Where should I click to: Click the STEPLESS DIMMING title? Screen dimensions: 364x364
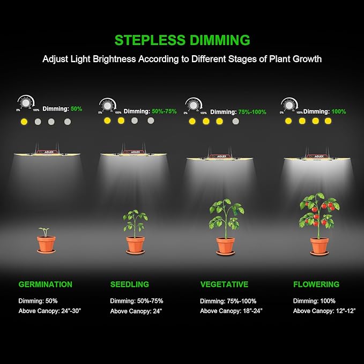182,40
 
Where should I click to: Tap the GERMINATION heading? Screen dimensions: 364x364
45,284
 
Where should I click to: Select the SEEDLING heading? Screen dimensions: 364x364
129,284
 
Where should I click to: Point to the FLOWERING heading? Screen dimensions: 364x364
316,284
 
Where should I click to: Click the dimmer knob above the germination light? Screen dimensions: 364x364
25,103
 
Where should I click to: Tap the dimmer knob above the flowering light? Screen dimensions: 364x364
289,105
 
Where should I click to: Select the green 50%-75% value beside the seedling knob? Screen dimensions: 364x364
164,112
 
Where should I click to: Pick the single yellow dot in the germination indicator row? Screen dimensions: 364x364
24,122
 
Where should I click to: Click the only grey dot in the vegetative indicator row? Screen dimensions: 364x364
235,121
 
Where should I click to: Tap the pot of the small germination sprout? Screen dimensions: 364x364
46,244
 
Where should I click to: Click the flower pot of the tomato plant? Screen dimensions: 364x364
320,246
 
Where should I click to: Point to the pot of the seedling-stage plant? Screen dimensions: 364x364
135,244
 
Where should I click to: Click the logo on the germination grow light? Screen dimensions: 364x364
46,152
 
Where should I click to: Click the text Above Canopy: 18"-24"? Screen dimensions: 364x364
231,311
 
